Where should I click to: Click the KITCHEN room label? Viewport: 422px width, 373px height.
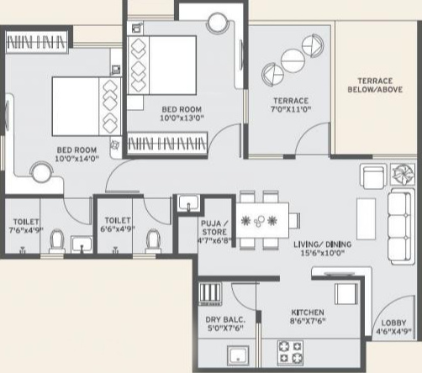point(308,313)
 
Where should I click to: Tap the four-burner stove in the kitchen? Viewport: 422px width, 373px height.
point(290,353)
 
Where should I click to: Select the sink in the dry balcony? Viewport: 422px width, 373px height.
point(238,355)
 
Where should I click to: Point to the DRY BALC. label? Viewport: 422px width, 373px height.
point(225,320)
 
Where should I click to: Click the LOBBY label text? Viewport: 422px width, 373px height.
point(393,323)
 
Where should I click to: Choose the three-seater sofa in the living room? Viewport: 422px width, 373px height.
point(401,227)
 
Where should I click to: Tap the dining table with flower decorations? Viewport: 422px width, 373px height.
point(262,220)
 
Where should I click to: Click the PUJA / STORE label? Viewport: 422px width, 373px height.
point(214,228)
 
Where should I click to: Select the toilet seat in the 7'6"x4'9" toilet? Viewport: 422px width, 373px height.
point(57,241)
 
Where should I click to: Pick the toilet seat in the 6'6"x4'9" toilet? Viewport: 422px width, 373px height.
point(153,241)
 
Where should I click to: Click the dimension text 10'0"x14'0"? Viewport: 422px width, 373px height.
point(76,159)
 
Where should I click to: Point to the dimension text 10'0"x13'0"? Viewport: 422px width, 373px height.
point(182,118)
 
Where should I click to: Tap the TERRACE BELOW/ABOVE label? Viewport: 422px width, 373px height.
point(375,85)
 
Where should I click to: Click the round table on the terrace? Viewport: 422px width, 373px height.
point(293,60)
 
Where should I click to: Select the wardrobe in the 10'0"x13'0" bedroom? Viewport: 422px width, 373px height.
point(167,143)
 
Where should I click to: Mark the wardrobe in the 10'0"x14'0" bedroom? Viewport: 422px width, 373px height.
point(37,42)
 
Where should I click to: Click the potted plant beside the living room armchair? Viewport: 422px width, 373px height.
point(403,175)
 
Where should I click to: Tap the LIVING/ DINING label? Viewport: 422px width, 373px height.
point(322,244)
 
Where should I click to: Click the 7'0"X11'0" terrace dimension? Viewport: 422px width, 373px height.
point(291,109)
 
